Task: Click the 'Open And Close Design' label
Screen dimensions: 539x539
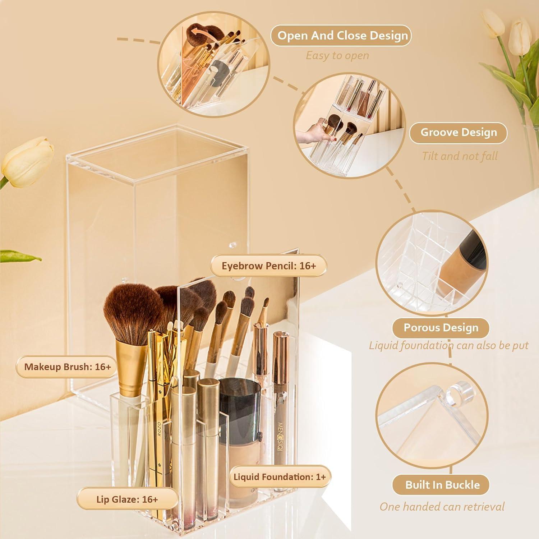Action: click(x=341, y=36)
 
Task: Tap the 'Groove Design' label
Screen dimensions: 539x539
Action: click(x=458, y=133)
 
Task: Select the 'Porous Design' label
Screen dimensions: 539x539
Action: click(x=441, y=328)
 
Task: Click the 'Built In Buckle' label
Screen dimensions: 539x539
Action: click(x=442, y=485)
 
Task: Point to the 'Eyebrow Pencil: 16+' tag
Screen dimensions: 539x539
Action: click(x=268, y=266)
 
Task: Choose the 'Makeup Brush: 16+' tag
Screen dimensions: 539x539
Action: click(x=67, y=367)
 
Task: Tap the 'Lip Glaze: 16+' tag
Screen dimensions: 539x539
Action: click(x=127, y=499)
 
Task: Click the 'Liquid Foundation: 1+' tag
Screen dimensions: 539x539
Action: click(x=280, y=477)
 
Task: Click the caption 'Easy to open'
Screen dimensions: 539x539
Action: click(x=337, y=56)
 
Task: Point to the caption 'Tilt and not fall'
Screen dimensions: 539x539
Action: click(x=459, y=156)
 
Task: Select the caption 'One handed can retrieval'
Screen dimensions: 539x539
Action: click(x=442, y=507)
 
